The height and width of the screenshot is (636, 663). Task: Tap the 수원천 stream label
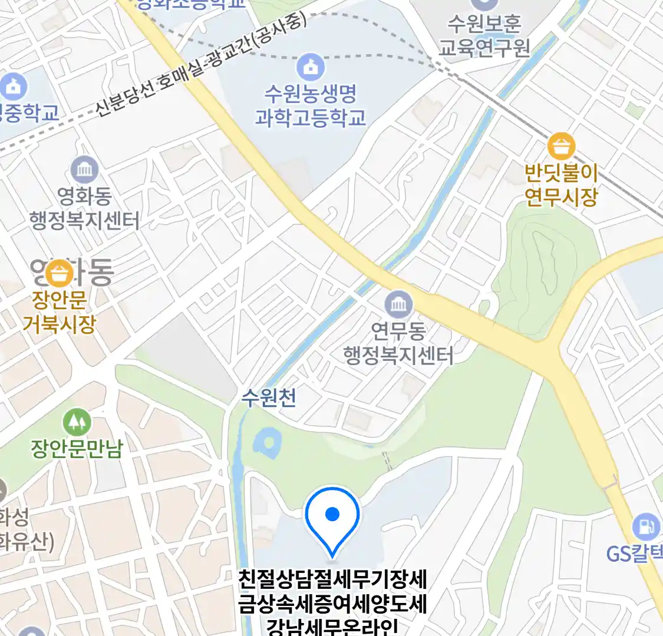(x=269, y=398)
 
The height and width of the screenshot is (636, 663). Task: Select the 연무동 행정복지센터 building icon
(x=398, y=304)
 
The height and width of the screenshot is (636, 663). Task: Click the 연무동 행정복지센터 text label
(x=398, y=343)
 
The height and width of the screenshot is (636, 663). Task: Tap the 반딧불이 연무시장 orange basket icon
(x=561, y=147)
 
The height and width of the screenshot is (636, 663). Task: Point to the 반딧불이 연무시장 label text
(x=561, y=185)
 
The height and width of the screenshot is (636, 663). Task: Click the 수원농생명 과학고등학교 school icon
(x=310, y=67)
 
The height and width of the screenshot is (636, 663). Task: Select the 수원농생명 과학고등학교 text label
(x=310, y=105)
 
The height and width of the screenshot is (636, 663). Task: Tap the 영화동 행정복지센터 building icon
(x=84, y=170)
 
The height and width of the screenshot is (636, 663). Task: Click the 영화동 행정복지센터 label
(x=84, y=208)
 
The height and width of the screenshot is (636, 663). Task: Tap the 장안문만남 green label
(x=77, y=449)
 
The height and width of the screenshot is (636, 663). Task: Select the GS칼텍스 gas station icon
(x=646, y=526)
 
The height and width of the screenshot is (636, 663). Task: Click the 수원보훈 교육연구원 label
(x=484, y=35)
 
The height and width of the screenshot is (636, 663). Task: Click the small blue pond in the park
(x=268, y=443)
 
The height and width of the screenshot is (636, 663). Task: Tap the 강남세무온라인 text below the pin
(x=332, y=627)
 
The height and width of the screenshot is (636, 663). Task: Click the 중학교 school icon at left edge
(x=13, y=87)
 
